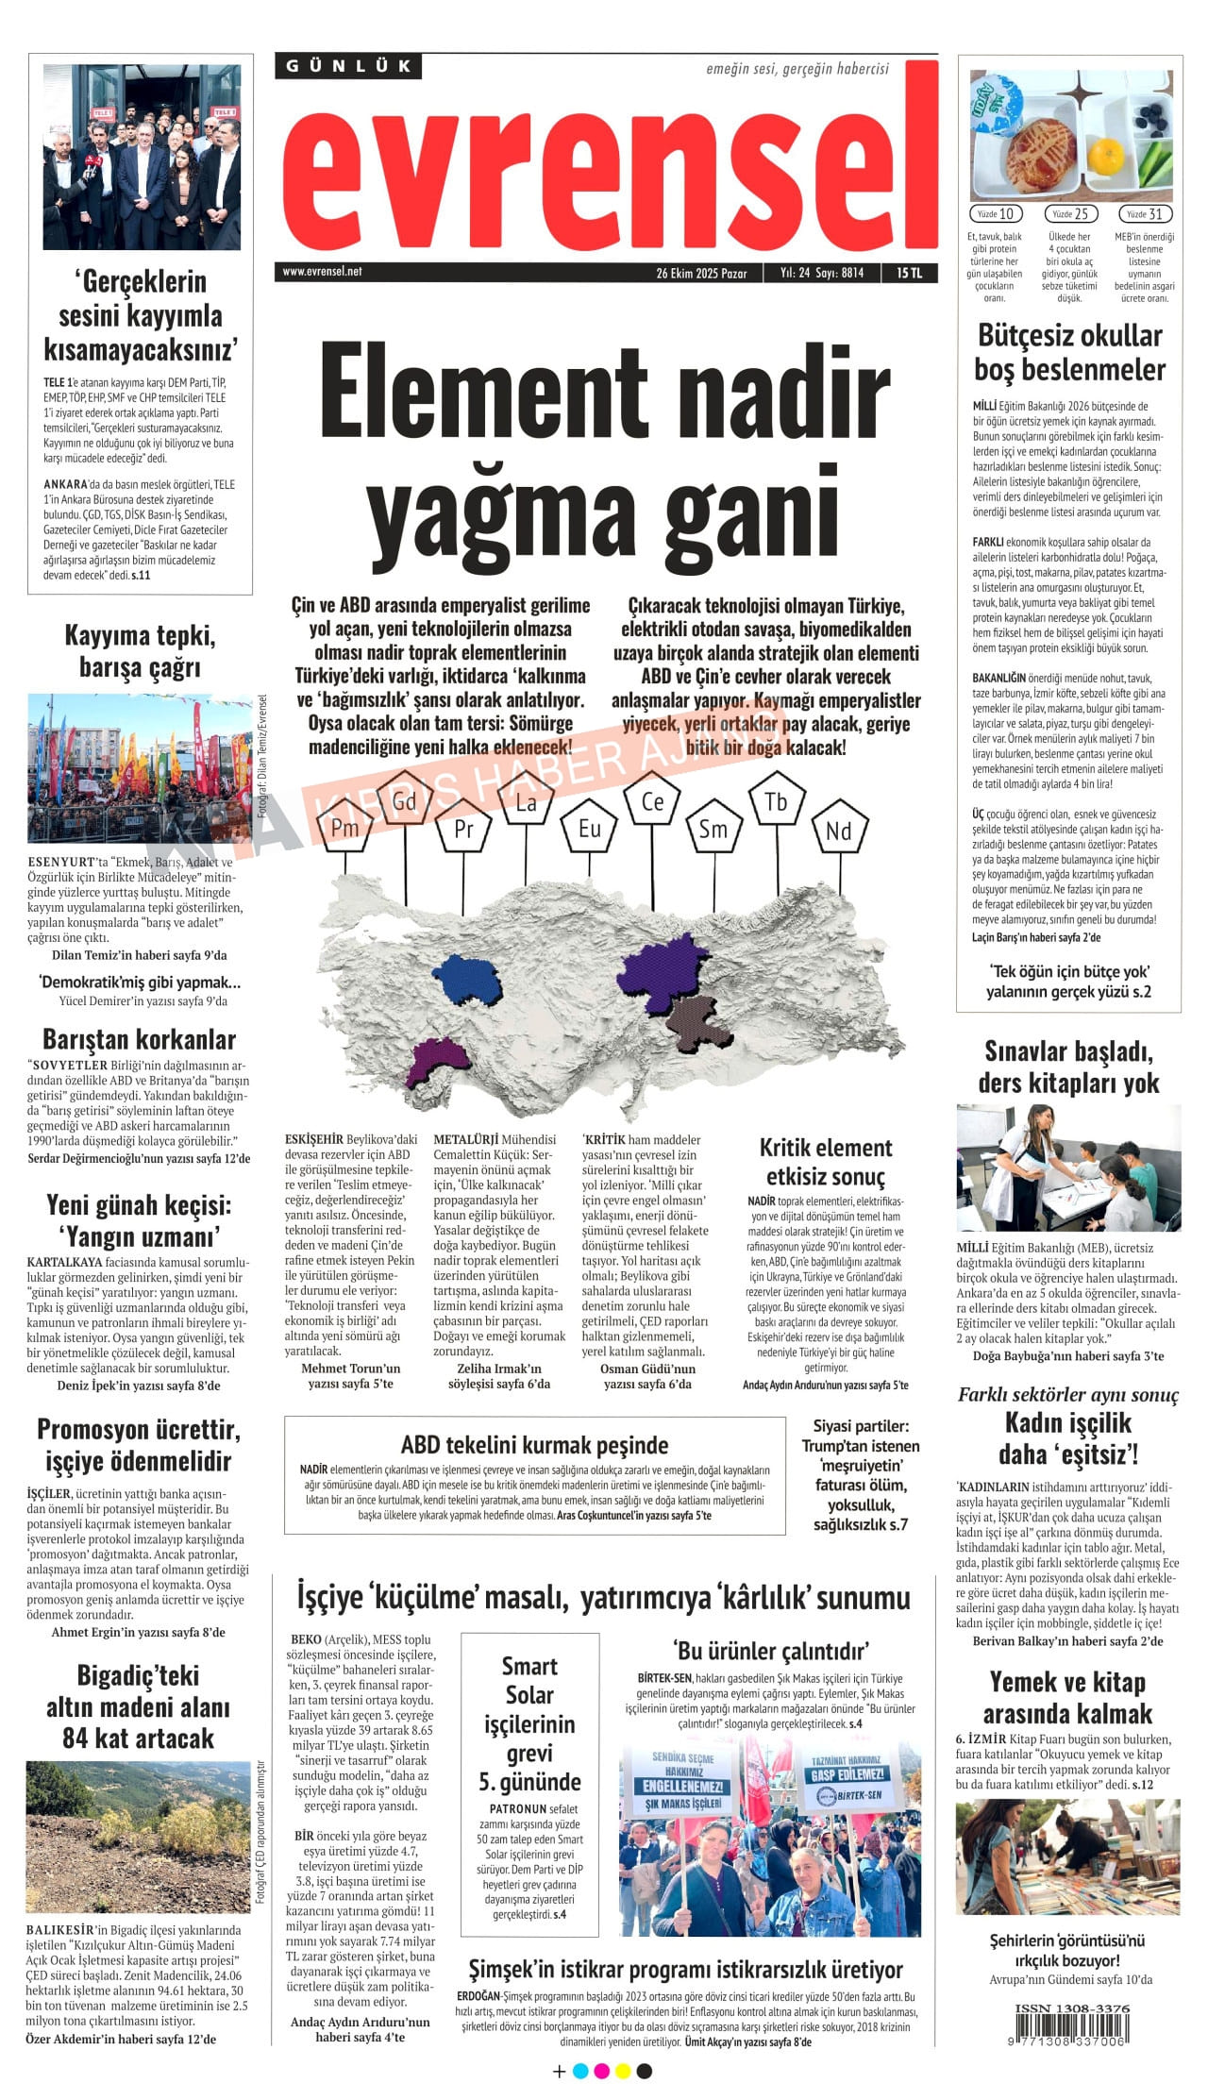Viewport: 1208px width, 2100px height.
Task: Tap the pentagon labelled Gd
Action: point(404,802)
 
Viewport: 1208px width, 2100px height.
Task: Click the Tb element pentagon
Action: point(776,802)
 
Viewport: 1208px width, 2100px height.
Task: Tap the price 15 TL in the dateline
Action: point(909,273)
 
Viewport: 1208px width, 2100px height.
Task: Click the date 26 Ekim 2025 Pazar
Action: point(701,274)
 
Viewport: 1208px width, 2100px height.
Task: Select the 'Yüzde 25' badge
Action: point(1071,214)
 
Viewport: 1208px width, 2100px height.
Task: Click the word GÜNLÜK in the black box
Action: point(348,66)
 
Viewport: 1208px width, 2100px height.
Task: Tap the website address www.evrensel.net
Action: point(322,272)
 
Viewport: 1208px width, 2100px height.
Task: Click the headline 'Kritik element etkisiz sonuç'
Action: point(826,1162)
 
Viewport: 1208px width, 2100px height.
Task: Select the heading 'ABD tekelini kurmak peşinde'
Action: point(534,1445)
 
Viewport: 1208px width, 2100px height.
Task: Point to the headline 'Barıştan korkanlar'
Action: point(140,1039)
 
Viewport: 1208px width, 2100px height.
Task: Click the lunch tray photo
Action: point(1070,135)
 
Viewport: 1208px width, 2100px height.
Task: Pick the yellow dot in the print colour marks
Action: point(622,2071)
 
